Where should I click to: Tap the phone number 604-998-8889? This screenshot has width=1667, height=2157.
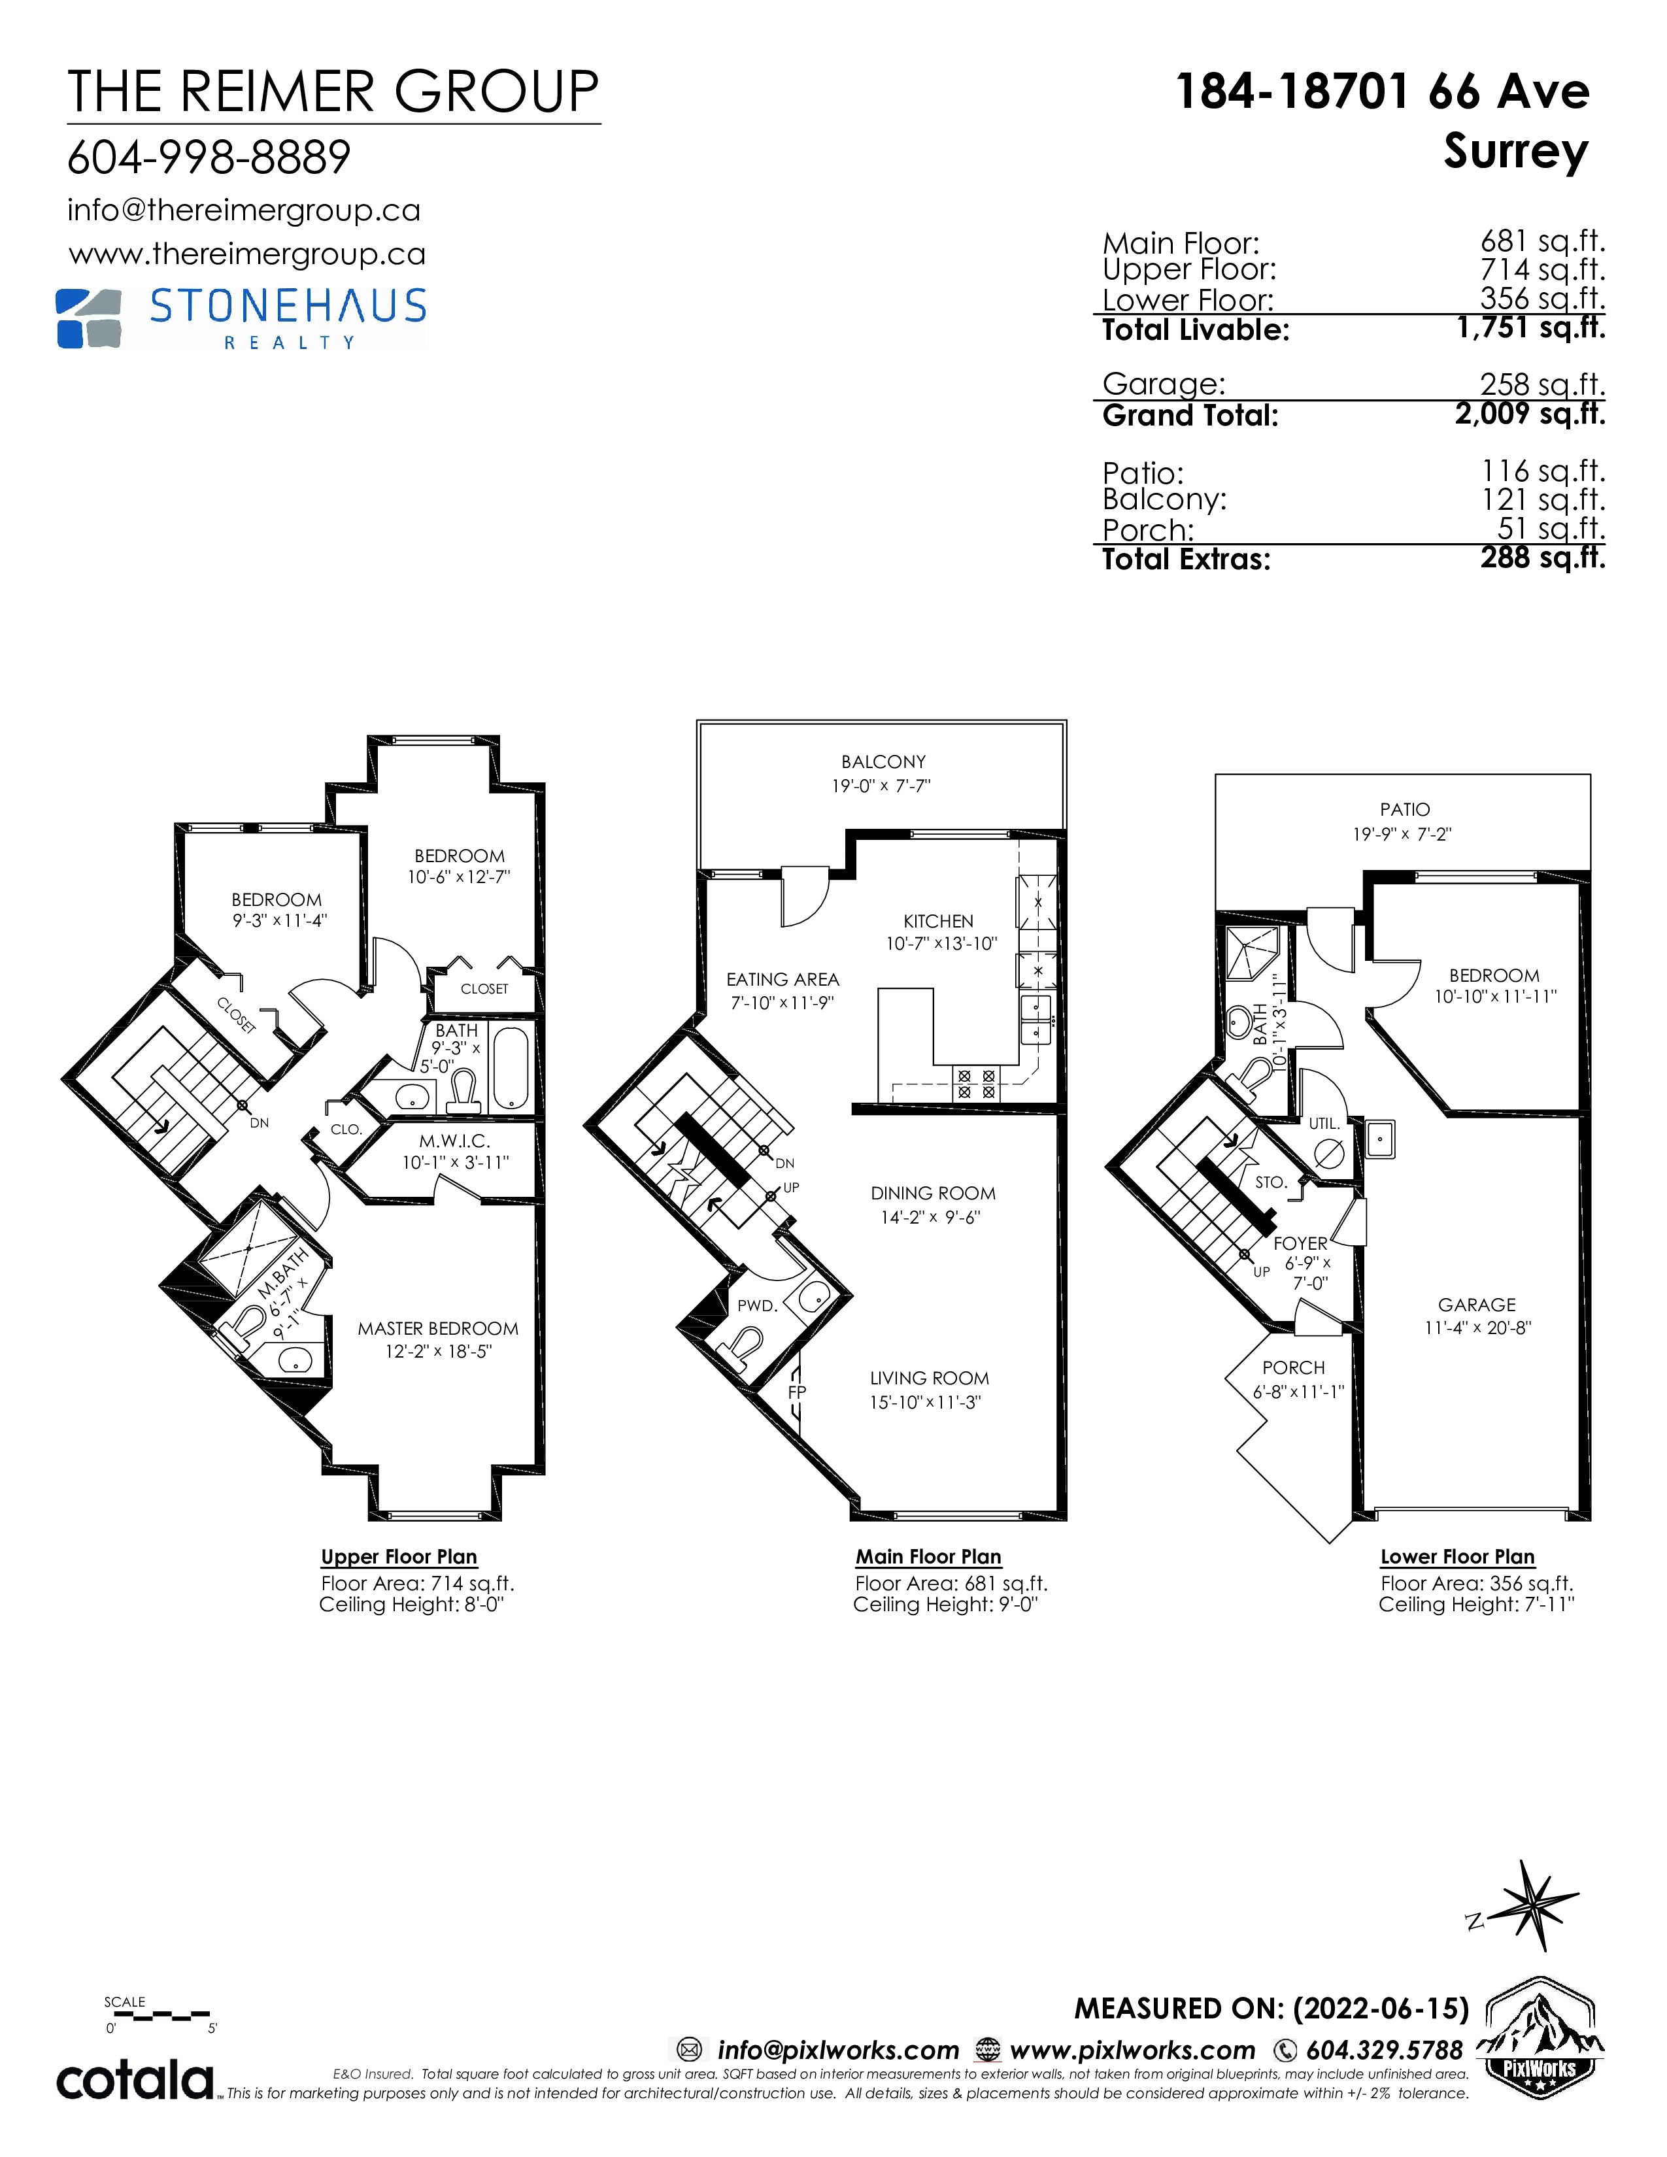(209, 157)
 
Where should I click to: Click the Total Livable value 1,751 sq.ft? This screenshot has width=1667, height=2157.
(1532, 328)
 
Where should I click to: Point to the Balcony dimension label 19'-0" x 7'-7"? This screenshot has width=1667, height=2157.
(881, 786)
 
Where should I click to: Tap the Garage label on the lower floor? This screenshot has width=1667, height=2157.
(1476, 1305)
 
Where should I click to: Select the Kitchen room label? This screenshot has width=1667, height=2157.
(938, 920)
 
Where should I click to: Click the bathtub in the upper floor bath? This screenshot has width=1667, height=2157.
(511, 1069)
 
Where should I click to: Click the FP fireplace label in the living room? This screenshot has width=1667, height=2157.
(797, 1392)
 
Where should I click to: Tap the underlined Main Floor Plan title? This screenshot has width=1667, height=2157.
(928, 1556)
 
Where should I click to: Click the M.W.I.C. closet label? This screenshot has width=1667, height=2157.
(454, 1141)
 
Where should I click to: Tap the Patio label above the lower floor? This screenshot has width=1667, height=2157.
(1404, 809)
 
